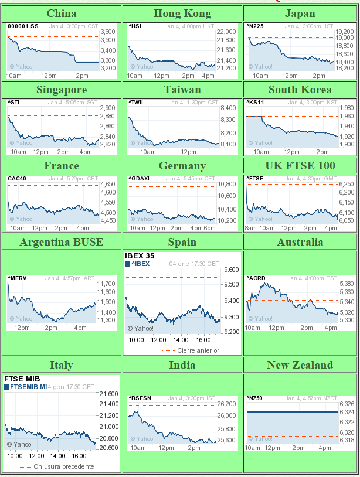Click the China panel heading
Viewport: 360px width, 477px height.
pos(61,13)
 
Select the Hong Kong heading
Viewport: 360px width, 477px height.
pos(182,13)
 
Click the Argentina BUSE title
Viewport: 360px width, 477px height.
pos(61,242)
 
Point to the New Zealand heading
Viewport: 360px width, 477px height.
pos(300,365)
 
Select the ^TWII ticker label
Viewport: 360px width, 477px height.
pos(135,103)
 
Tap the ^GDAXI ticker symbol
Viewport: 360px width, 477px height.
pos(138,179)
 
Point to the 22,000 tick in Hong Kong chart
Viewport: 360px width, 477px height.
pos(226,32)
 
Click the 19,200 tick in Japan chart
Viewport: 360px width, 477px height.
pos(345,32)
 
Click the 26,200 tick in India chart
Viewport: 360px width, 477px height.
pos(226,404)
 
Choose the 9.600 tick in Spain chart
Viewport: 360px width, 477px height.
pos(232,270)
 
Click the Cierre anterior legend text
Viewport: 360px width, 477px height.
pos(198,350)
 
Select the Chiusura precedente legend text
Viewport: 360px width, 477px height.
pos(64,466)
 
